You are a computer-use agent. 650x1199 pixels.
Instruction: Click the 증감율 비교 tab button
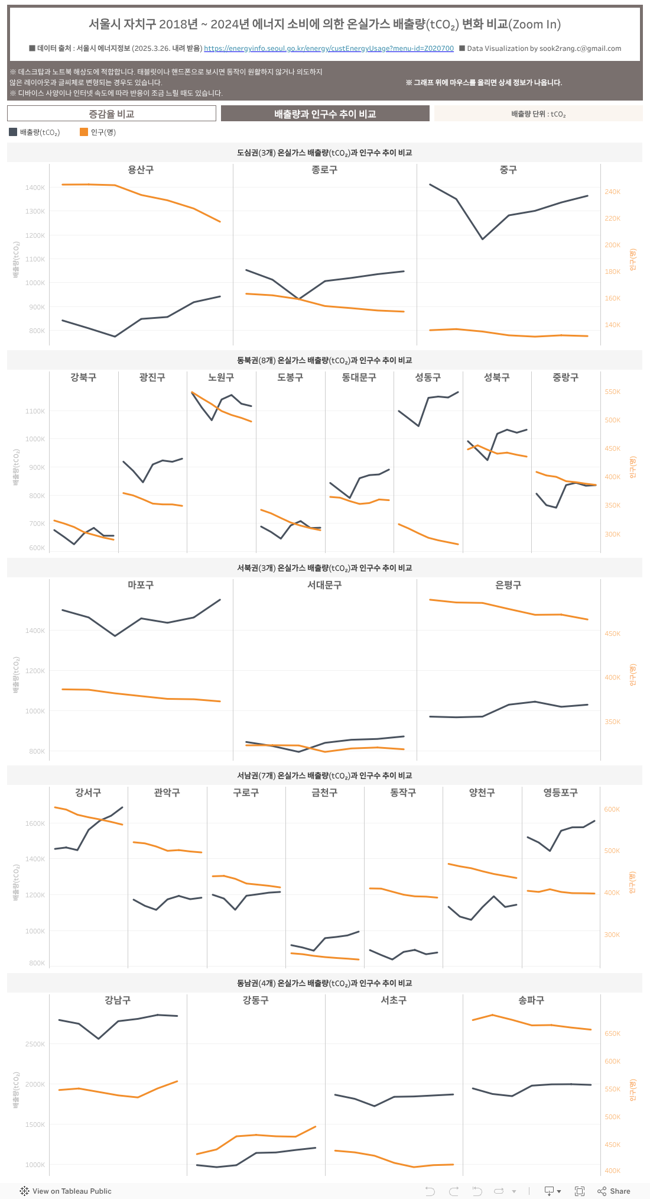[112, 114]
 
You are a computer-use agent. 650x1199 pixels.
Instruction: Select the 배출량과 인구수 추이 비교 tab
[325, 114]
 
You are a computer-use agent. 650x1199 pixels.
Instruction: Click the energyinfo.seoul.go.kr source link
[329, 49]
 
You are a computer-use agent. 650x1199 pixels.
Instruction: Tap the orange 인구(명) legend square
[84, 132]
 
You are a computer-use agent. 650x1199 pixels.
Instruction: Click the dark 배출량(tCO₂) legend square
[13, 132]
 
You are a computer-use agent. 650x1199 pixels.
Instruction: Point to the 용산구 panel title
[141, 170]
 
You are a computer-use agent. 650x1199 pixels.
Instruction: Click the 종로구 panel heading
[324, 170]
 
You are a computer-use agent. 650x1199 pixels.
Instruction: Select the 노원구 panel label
[221, 377]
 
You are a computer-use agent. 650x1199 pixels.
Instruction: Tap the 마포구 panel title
[141, 585]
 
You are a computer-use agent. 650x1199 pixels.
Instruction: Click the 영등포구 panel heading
[561, 793]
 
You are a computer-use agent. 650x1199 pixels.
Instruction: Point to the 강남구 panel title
[118, 1000]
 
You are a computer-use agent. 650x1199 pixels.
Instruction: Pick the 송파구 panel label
[531, 1000]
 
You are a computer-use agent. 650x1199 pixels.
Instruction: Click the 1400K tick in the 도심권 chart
[35, 188]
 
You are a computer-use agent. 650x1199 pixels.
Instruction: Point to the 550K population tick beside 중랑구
[612, 392]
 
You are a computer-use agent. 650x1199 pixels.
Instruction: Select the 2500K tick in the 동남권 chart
[35, 1044]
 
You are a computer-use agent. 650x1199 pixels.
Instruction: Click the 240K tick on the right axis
[612, 192]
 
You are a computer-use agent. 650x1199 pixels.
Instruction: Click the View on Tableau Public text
[71, 1191]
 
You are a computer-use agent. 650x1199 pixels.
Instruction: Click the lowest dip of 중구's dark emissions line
[483, 239]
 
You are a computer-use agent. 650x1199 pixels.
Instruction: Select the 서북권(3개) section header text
[324, 568]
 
